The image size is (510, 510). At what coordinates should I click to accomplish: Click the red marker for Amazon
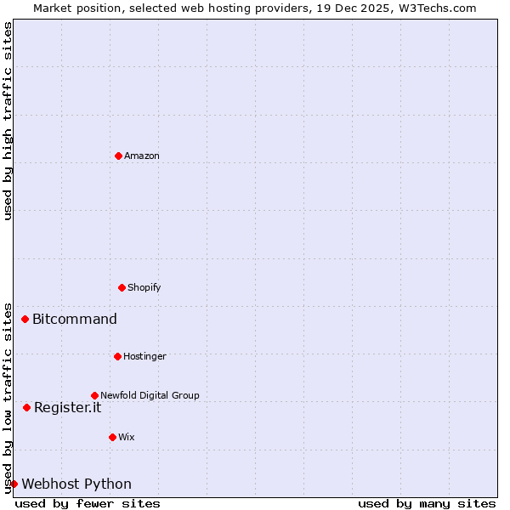118,156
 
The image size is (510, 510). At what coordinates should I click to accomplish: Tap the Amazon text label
142,156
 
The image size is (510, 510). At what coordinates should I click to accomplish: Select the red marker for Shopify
122,287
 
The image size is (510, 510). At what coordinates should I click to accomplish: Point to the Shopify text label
144,287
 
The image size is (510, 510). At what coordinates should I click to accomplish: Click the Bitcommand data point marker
25,320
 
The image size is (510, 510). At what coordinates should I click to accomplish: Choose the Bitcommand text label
75,320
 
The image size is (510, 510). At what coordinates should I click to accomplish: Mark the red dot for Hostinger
117,356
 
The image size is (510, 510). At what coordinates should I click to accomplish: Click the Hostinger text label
144,356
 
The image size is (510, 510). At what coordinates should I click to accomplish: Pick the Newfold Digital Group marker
94,395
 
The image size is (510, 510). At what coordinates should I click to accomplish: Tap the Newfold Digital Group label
150,395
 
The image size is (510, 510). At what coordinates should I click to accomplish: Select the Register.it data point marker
26,407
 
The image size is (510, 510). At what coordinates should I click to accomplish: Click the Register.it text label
67,407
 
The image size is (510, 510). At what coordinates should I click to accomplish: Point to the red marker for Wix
112,437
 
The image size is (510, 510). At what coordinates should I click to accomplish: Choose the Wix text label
126,437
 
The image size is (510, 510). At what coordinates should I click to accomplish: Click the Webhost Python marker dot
14,484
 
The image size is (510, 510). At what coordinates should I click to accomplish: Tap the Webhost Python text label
76,484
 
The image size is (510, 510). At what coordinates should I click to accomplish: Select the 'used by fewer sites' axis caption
88,503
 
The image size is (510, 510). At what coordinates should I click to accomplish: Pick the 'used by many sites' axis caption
427,503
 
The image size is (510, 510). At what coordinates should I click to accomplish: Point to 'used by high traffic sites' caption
8,121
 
